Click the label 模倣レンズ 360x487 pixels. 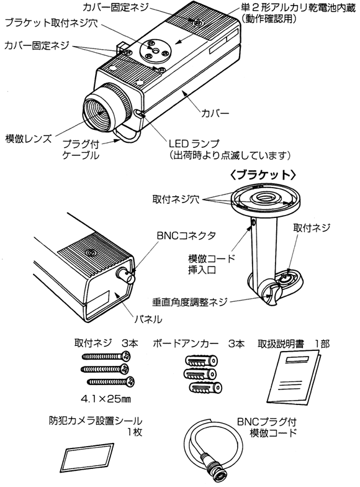click(x=29, y=139)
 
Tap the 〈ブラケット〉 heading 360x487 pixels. click(x=263, y=175)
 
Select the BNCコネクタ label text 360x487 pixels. click(x=186, y=236)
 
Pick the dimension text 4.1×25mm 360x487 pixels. click(x=106, y=399)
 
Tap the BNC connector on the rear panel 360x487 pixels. click(x=125, y=275)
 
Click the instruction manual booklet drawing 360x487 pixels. click(x=293, y=377)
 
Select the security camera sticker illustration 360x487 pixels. click(x=88, y=457)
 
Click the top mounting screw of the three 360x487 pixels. click(x=106, y=357)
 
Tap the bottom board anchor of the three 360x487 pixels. click(x=205, y=388)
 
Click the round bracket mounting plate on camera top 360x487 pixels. click(x=154, y=50)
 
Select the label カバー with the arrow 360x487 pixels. click(x=215, y=113)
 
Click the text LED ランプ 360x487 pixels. click(x=194, y=143)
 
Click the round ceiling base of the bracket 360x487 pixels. click(x=266, y=201)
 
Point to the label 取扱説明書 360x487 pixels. click(x=281, y=344)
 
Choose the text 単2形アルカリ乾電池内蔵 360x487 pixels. click(x=299, y=7)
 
